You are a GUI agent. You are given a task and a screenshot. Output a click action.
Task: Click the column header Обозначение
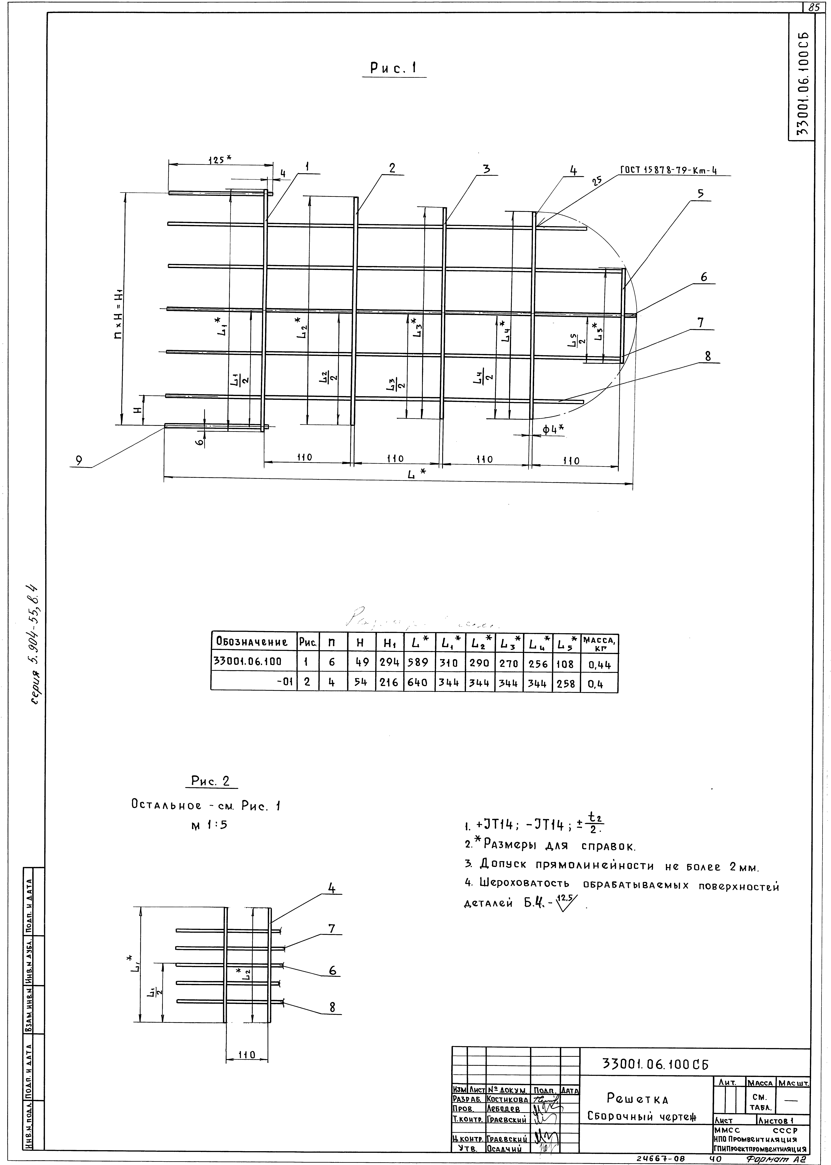click(x=252, y=641)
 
